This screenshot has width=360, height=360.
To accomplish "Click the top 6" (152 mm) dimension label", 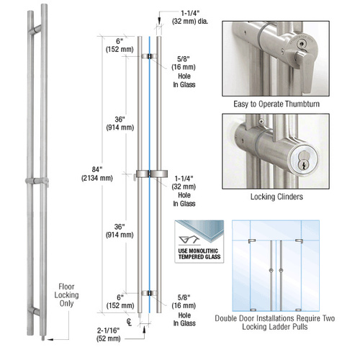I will point(118,45).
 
